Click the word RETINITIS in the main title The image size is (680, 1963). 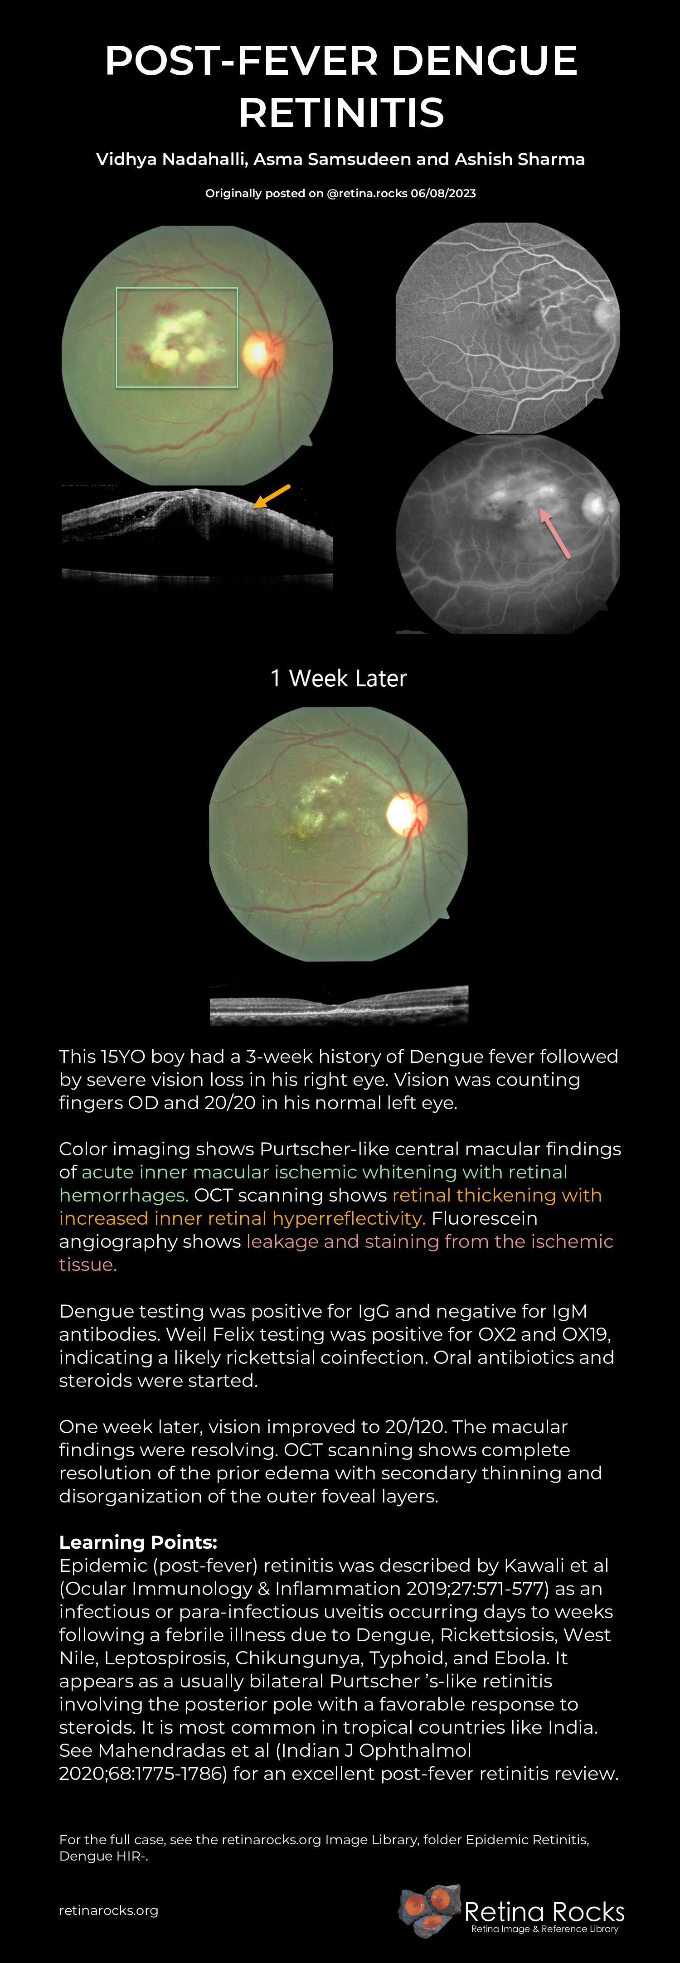point(341,113)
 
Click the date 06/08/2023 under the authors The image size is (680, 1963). point(443,194)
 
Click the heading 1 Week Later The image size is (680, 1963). point(339,678)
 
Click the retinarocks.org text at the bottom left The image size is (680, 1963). point(109,1910)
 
